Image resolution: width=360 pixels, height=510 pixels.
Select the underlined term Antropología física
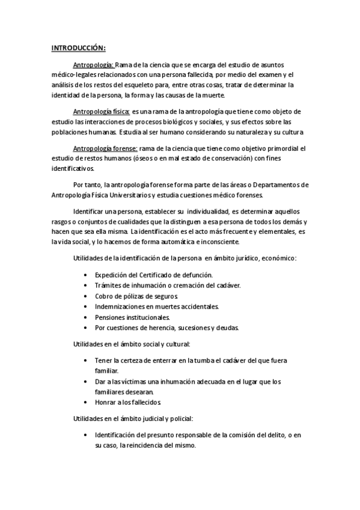(101, 112)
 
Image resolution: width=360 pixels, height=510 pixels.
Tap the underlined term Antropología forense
(105, 148)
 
